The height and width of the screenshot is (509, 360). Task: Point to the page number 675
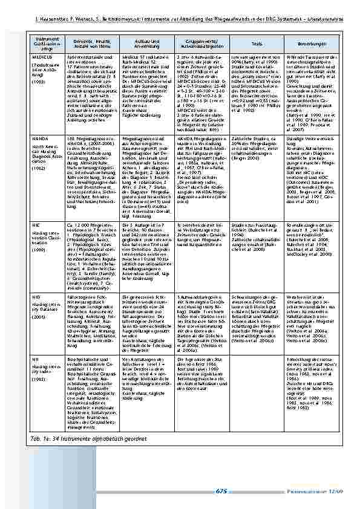click(221, 491)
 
